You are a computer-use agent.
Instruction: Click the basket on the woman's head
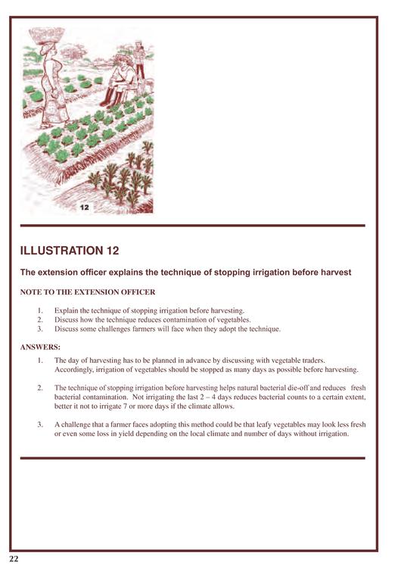[47, 36]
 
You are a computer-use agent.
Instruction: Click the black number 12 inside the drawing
[84, 208]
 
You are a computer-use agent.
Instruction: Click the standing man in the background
[139, 61]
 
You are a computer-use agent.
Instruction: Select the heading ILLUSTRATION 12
[70, 251]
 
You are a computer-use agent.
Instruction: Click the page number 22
[14, 559]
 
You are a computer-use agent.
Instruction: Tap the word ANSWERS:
[40, 347]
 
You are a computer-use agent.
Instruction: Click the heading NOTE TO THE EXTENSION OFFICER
[88, 292]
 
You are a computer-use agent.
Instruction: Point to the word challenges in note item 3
[120, 329]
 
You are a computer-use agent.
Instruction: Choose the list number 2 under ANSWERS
[40, 388]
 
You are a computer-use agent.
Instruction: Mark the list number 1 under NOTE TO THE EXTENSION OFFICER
[40, 311]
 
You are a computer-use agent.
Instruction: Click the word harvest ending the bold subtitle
[336, 273]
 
